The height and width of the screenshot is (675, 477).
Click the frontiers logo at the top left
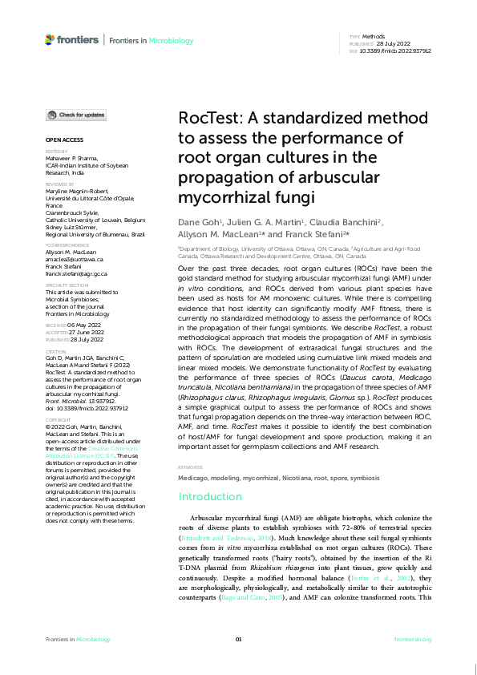pyautogui.click(x=72, y=39)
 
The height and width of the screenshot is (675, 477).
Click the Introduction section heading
pyautogui.click(x=210, y=497)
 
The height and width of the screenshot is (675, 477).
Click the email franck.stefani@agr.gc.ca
pyautogui.click(x=77, y=274)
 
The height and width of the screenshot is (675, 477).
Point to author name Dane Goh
pyautogui.click(x=195, y=222)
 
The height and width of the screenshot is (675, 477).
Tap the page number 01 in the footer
pyautogui.click(x=238, y=639)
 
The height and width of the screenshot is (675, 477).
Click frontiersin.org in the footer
pyautogui.click(x=414, y=639)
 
